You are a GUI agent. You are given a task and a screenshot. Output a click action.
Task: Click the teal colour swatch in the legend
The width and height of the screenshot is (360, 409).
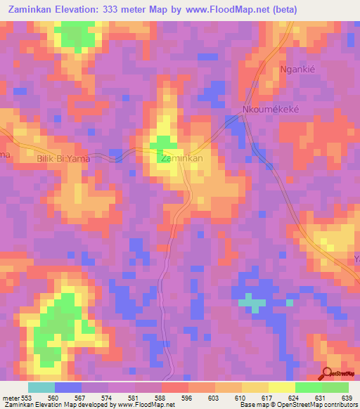pos(41,387)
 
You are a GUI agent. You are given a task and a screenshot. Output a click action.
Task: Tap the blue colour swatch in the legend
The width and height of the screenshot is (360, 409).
pos(68,387)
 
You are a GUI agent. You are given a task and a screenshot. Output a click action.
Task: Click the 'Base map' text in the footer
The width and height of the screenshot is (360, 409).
pos(255,405)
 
